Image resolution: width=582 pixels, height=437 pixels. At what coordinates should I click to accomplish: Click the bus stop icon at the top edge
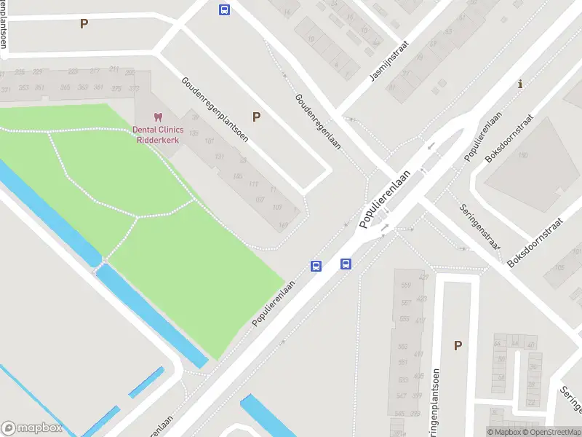click(x=224, y=9)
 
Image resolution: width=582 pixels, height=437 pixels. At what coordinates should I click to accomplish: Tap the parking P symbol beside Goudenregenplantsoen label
click(x=256, y=117)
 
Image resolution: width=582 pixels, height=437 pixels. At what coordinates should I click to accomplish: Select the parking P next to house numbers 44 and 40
click(x=458, y=346)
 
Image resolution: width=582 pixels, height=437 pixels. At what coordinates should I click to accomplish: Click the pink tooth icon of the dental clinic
click(x=157, y=117)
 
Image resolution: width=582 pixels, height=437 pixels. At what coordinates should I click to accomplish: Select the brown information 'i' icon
click(x=519, y=84)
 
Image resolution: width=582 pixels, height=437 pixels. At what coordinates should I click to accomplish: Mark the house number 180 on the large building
click(x=522, y=155)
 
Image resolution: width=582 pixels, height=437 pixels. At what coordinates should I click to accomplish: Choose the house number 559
click(x=405, y=285)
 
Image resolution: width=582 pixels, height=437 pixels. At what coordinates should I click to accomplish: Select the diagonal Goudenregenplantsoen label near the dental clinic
click(x=215, y=109)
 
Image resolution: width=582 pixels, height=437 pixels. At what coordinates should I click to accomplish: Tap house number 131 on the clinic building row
click(x=220, y=157)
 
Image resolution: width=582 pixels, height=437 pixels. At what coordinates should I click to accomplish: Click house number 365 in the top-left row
click(x=65, y=87)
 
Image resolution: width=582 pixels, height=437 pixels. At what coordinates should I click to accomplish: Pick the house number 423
click(x=423, y=277)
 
